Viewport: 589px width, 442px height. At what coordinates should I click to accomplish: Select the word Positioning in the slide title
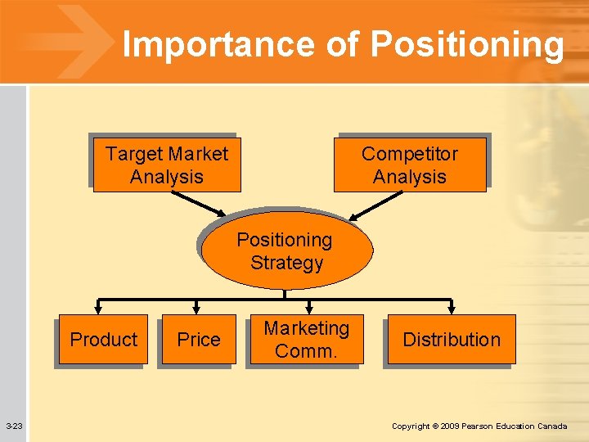466,46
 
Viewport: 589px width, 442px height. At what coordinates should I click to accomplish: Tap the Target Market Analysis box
167,165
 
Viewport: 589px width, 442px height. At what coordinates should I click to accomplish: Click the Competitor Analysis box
410,165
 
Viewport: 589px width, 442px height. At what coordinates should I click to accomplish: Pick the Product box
103,340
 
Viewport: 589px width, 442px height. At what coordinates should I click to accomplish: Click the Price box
199,340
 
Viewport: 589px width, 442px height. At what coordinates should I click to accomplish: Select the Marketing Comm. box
306,340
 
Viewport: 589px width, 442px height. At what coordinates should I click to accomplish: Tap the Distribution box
452,340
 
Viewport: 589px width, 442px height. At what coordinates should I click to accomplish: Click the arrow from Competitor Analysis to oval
376,205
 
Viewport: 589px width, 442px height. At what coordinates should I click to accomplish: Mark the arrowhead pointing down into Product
99,309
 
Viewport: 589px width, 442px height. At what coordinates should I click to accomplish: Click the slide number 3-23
14,426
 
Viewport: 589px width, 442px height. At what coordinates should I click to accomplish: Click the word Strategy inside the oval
286,264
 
